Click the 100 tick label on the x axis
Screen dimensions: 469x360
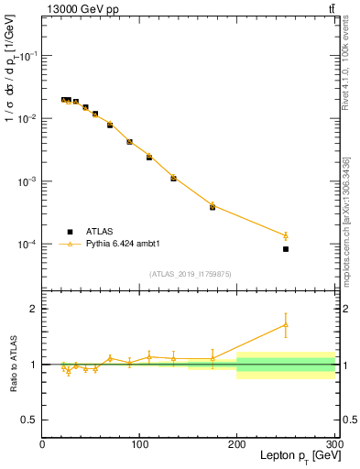tap(139, 445)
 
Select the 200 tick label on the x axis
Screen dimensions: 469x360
tap(237, 445)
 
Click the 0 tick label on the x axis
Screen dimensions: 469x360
tap(42, 445)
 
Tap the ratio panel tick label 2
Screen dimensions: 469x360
tap(33, 309)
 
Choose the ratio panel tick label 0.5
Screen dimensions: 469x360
tap(29, 420)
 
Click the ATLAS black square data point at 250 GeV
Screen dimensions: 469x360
tap(286, 249)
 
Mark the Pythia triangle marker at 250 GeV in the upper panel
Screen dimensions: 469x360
tap(286, 235)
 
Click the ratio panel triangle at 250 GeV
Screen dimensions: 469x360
tap(286, 324)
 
